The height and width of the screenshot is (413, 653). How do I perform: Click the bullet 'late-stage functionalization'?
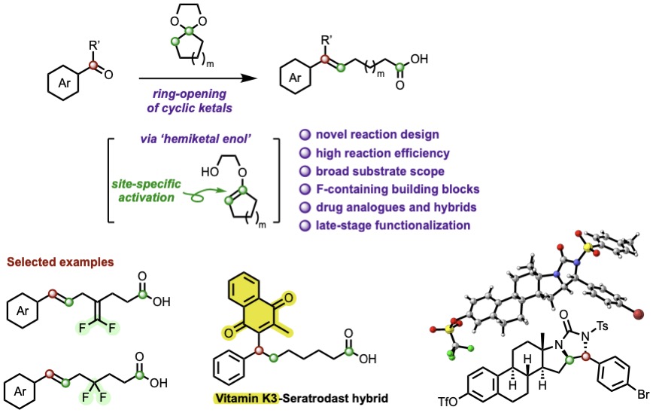click(x=386, y=224)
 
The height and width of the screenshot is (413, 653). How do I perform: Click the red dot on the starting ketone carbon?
click(x=93, y=67)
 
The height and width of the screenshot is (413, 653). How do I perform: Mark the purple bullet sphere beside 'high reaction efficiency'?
click(x=305, y=154)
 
